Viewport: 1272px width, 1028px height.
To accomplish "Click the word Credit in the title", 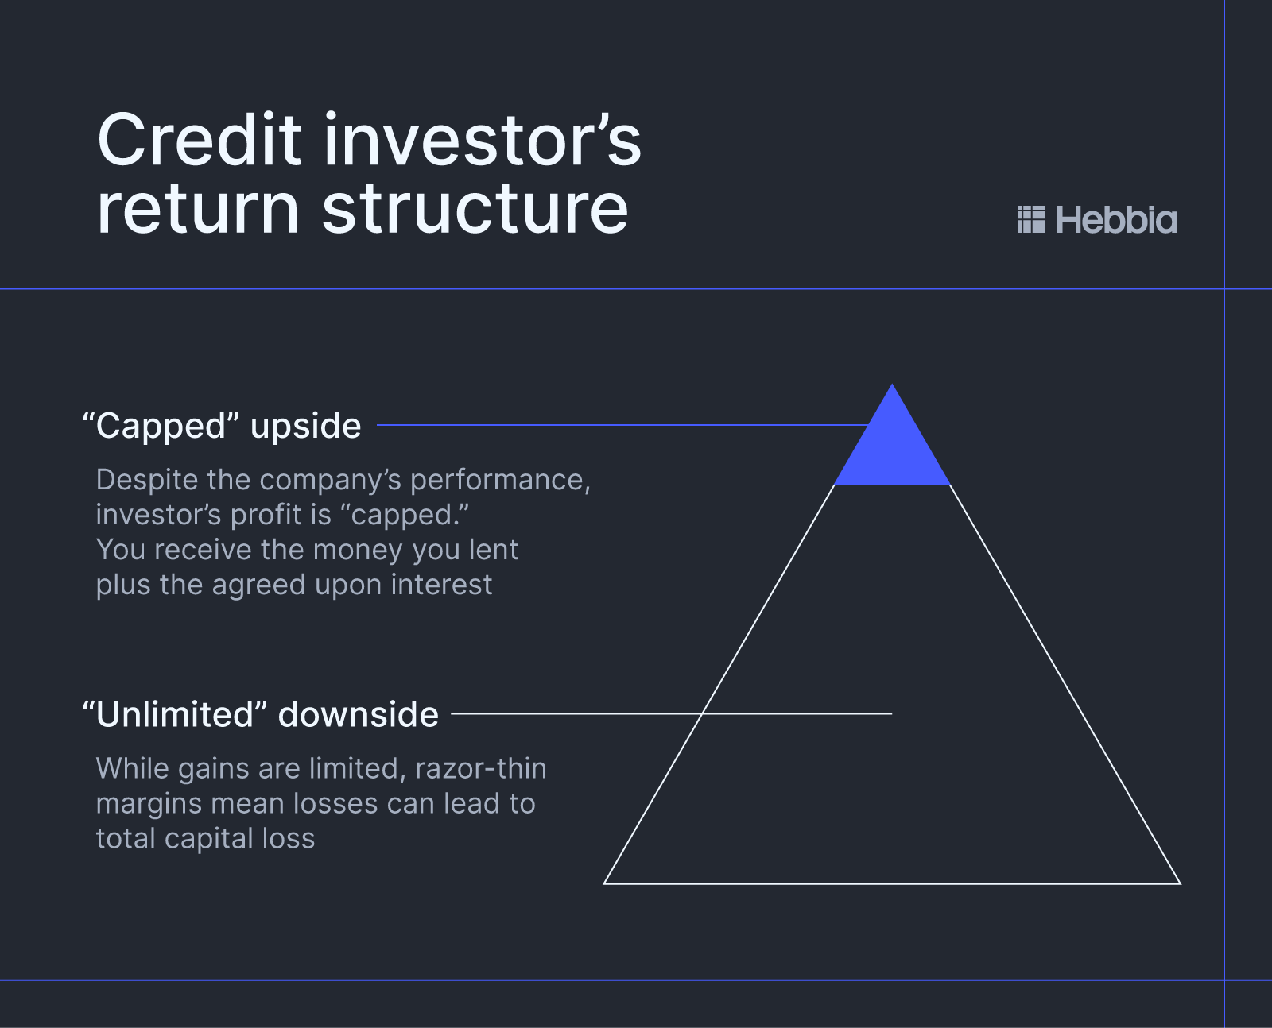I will click(x=199, y=141).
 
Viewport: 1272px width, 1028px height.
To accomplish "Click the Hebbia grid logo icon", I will click(x=1031, y=219).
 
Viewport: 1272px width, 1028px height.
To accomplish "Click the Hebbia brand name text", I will click(x=1116, y=220).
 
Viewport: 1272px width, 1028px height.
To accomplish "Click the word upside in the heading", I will click(x=305, y=427).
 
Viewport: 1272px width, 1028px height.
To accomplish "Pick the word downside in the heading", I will click(x=359, y=714).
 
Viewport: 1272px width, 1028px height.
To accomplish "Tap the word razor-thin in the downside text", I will click(x=481, y=768).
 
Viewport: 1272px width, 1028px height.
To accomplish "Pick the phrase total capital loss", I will click(x=205, y=838).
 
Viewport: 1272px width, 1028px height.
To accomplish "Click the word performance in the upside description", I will click(x=499, y=480).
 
